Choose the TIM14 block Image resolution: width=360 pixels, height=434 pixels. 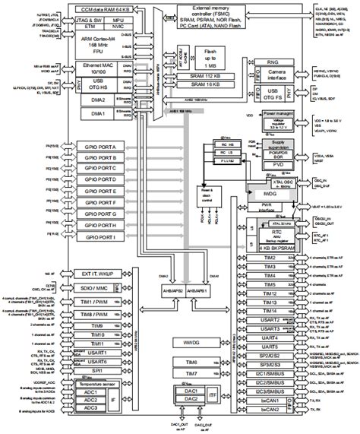[270, 310]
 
